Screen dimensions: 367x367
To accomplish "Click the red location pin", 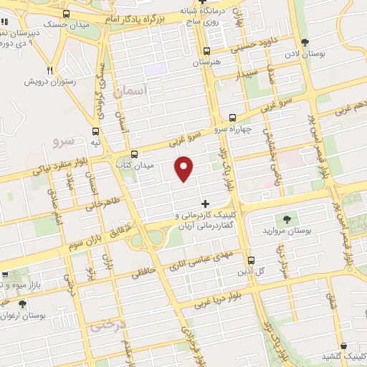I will [x=185, y=167].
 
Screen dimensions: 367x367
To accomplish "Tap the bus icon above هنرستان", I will [x=206, y=51].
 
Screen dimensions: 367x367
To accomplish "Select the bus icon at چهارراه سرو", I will [x=232, y=118].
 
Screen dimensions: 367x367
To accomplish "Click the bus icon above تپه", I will [x=96, y=131].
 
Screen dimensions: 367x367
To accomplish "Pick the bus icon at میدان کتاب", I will [x=134, y=154].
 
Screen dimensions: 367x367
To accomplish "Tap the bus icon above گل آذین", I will [x=251, y=261].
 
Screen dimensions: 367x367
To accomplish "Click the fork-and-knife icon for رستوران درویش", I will [x=49, y=70].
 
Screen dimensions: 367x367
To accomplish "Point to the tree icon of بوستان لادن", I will [x=306, y=42].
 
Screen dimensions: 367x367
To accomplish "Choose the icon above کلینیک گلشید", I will [x=344, y=345].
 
